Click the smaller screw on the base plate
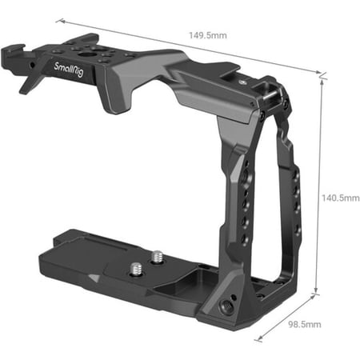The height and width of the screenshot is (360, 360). [x=157, y=256]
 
